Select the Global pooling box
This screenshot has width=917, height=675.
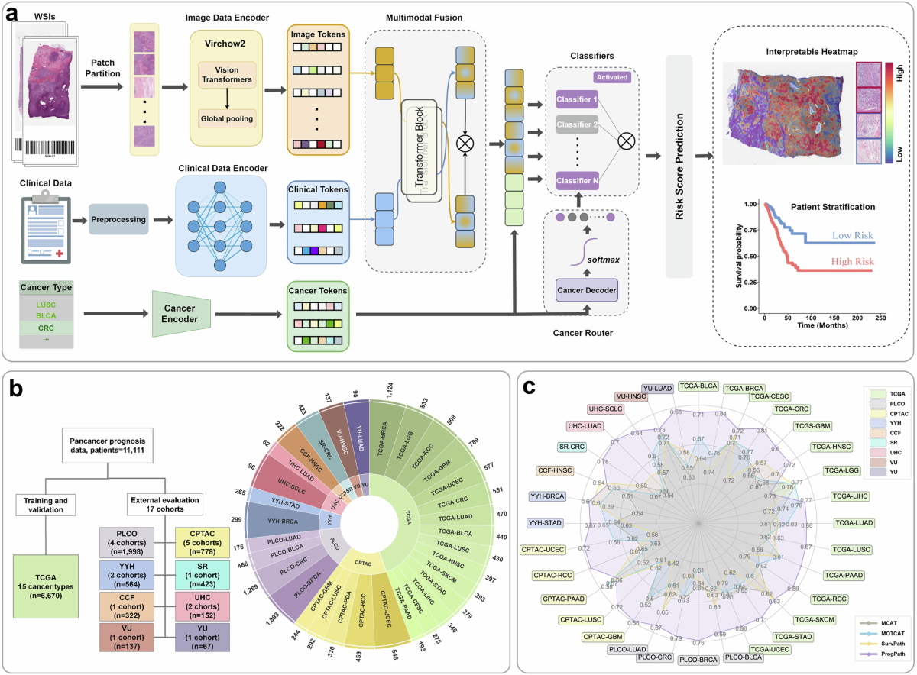pyautogui.click(x=227, y=119)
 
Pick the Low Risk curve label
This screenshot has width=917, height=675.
pyautogui.click(x=851, y=236)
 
